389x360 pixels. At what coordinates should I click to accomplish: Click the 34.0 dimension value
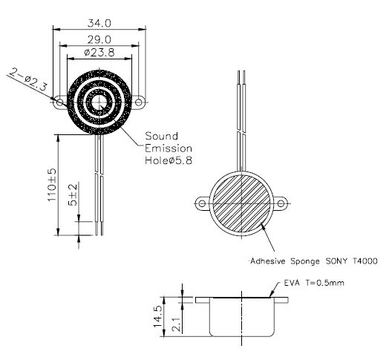pos(99,22)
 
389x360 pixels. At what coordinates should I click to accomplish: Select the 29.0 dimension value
pos(99,38)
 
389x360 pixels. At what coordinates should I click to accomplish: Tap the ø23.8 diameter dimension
pos(98,53)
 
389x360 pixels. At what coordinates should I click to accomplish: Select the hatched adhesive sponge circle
pos(241,203)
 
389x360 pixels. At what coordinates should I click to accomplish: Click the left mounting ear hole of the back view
pos(200,203)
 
